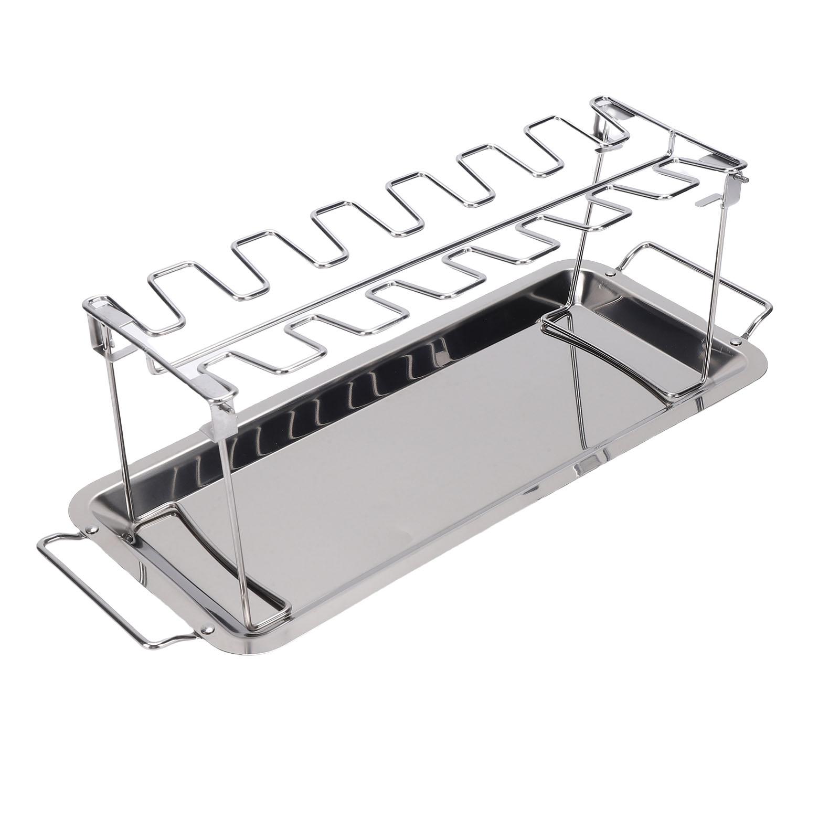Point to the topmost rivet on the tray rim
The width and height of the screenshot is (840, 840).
coord(609,273)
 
